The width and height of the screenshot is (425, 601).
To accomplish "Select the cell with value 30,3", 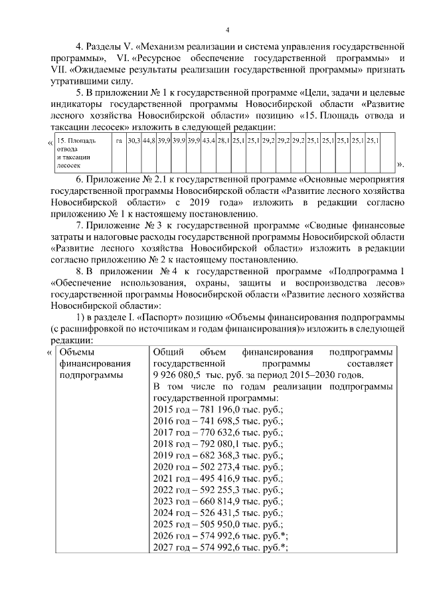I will tap(133, 141).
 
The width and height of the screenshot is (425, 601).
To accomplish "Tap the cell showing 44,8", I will tap(148, 141).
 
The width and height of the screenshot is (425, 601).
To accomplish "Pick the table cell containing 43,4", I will tap(209, 141).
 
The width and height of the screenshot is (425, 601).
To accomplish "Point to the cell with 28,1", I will tap(223, 141).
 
